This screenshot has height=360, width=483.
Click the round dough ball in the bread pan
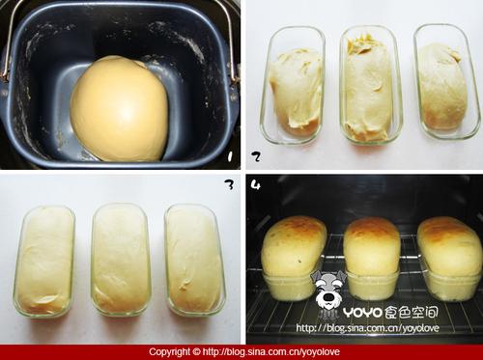coord(119,109)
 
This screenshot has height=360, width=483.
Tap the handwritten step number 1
coord(230,156)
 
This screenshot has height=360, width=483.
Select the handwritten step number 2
coord(256,156)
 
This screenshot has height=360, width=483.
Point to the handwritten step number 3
coord(229,184)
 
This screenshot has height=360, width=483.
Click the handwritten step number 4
coord(255,185)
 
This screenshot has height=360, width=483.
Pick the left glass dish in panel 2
coord(293,85)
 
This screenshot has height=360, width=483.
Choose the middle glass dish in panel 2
coord(371,84)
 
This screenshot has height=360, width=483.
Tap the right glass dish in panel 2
coord(447,82)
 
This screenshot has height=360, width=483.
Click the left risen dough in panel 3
coord(45,260)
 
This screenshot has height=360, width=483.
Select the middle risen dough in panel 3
coord(121,259)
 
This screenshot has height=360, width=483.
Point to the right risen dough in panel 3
coord(194,259)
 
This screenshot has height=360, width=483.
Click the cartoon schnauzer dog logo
coord(327,292)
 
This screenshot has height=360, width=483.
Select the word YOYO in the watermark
coord(363,312)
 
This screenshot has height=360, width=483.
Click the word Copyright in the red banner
coord(169,352)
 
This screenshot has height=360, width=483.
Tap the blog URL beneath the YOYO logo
coord(367,328)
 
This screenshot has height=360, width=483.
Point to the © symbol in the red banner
coord(196,351)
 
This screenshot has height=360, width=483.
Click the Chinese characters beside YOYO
coord(412,312)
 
